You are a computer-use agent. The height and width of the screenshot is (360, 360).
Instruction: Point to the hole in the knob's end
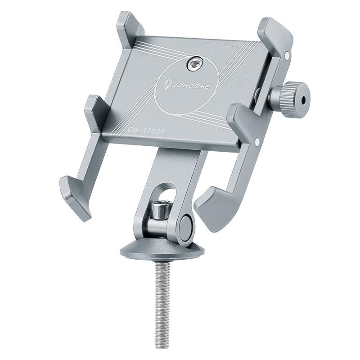[306, 100]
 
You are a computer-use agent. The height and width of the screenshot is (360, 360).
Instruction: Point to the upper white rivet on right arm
[287, 55]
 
